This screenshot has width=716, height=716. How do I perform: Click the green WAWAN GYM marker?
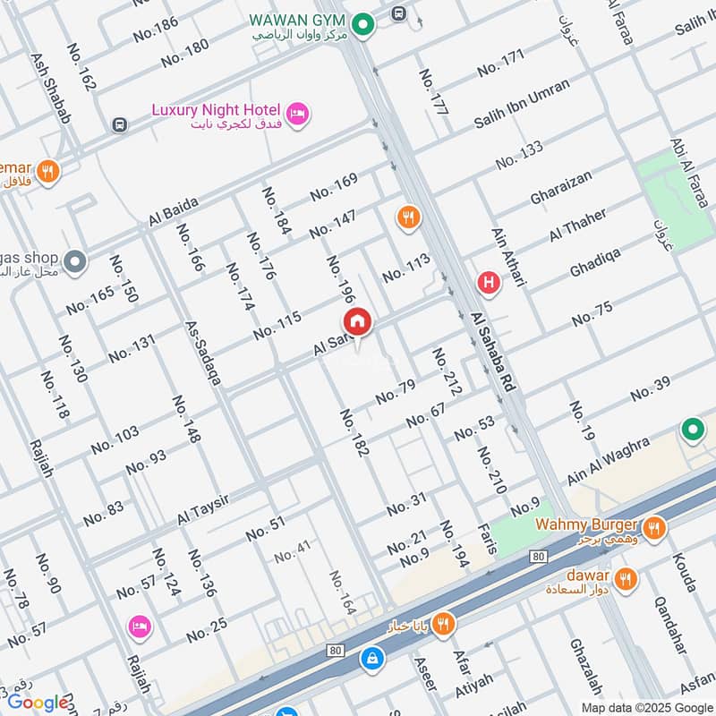click(x=362, y=26)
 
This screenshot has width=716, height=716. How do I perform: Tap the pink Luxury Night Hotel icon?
click(x=299, y=113)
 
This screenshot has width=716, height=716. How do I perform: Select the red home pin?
click(x=356, y=322)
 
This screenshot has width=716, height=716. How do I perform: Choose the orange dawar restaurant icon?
click(x=626, y=577)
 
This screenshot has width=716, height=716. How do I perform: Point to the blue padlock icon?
click(x=369, y=659)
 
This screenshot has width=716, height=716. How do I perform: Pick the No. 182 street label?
click(x=354, y=433)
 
